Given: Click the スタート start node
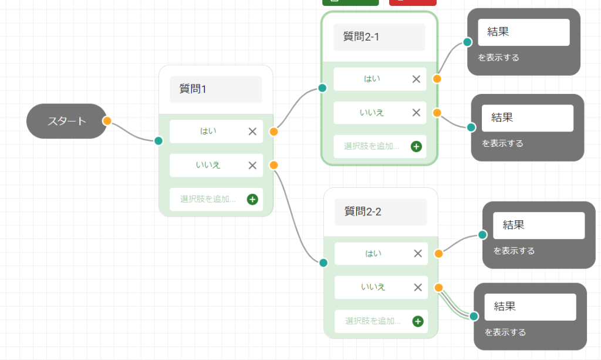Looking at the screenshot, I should point(66,122).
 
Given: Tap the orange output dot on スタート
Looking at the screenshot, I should point(107,121).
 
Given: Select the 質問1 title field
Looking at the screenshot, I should point(215,89).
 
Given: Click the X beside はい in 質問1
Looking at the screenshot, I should point(252,132).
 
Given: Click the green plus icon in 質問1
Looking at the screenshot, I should point(252,200).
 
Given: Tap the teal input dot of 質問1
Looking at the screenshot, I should point(158,140).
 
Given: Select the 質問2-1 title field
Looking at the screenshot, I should point(379,37).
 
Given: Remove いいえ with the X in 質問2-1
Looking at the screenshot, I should point(416,113).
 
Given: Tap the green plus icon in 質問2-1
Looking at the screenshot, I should point(416,146).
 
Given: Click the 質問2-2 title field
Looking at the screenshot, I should point(380,212).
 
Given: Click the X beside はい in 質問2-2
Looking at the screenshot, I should point(418,254).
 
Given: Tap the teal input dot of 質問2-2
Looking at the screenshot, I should point(323,263).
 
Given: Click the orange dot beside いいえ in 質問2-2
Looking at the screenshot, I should point(438,288).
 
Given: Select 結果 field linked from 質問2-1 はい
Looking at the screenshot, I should point(524,32).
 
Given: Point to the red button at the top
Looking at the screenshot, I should point(413,2).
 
